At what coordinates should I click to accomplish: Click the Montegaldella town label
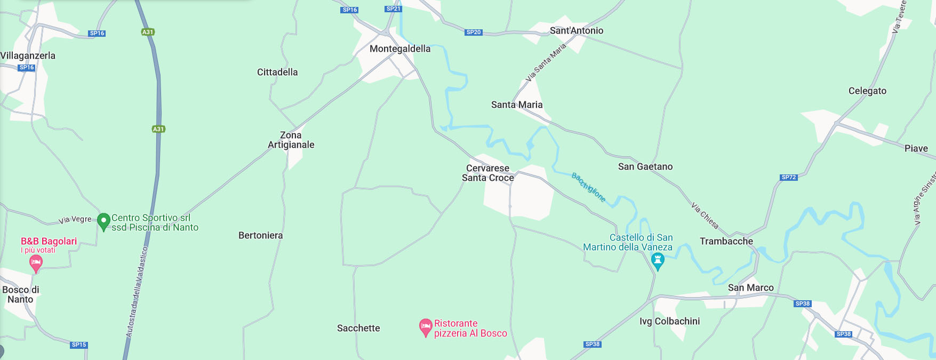pos(400,49)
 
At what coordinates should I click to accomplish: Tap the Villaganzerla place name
pos(28,55)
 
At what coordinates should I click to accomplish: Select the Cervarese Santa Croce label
pos(487,173)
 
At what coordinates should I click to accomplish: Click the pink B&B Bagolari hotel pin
pos(36,262)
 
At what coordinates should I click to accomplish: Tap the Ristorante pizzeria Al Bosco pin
pos(426,327)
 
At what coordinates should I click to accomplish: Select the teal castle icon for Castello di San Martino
pos(658,261)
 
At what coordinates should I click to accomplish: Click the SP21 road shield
pos(393,9)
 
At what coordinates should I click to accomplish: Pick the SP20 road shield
pos(474,32)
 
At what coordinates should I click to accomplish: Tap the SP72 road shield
pos(789,177)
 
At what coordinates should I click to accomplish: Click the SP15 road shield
pos(79,345)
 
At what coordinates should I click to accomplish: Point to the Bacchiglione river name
pos(589,187)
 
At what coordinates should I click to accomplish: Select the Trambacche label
pos(726,241)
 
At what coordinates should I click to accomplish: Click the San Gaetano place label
pos(645,166)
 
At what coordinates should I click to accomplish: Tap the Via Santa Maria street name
pos(546,63)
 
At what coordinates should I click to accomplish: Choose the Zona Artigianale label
pos(291,140)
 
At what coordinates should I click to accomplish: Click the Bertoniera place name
pos(261,235)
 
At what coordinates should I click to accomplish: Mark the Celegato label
pos(867,91)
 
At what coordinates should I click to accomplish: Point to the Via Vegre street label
pos(75,219)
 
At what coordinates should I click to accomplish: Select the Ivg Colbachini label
pos(669,321)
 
